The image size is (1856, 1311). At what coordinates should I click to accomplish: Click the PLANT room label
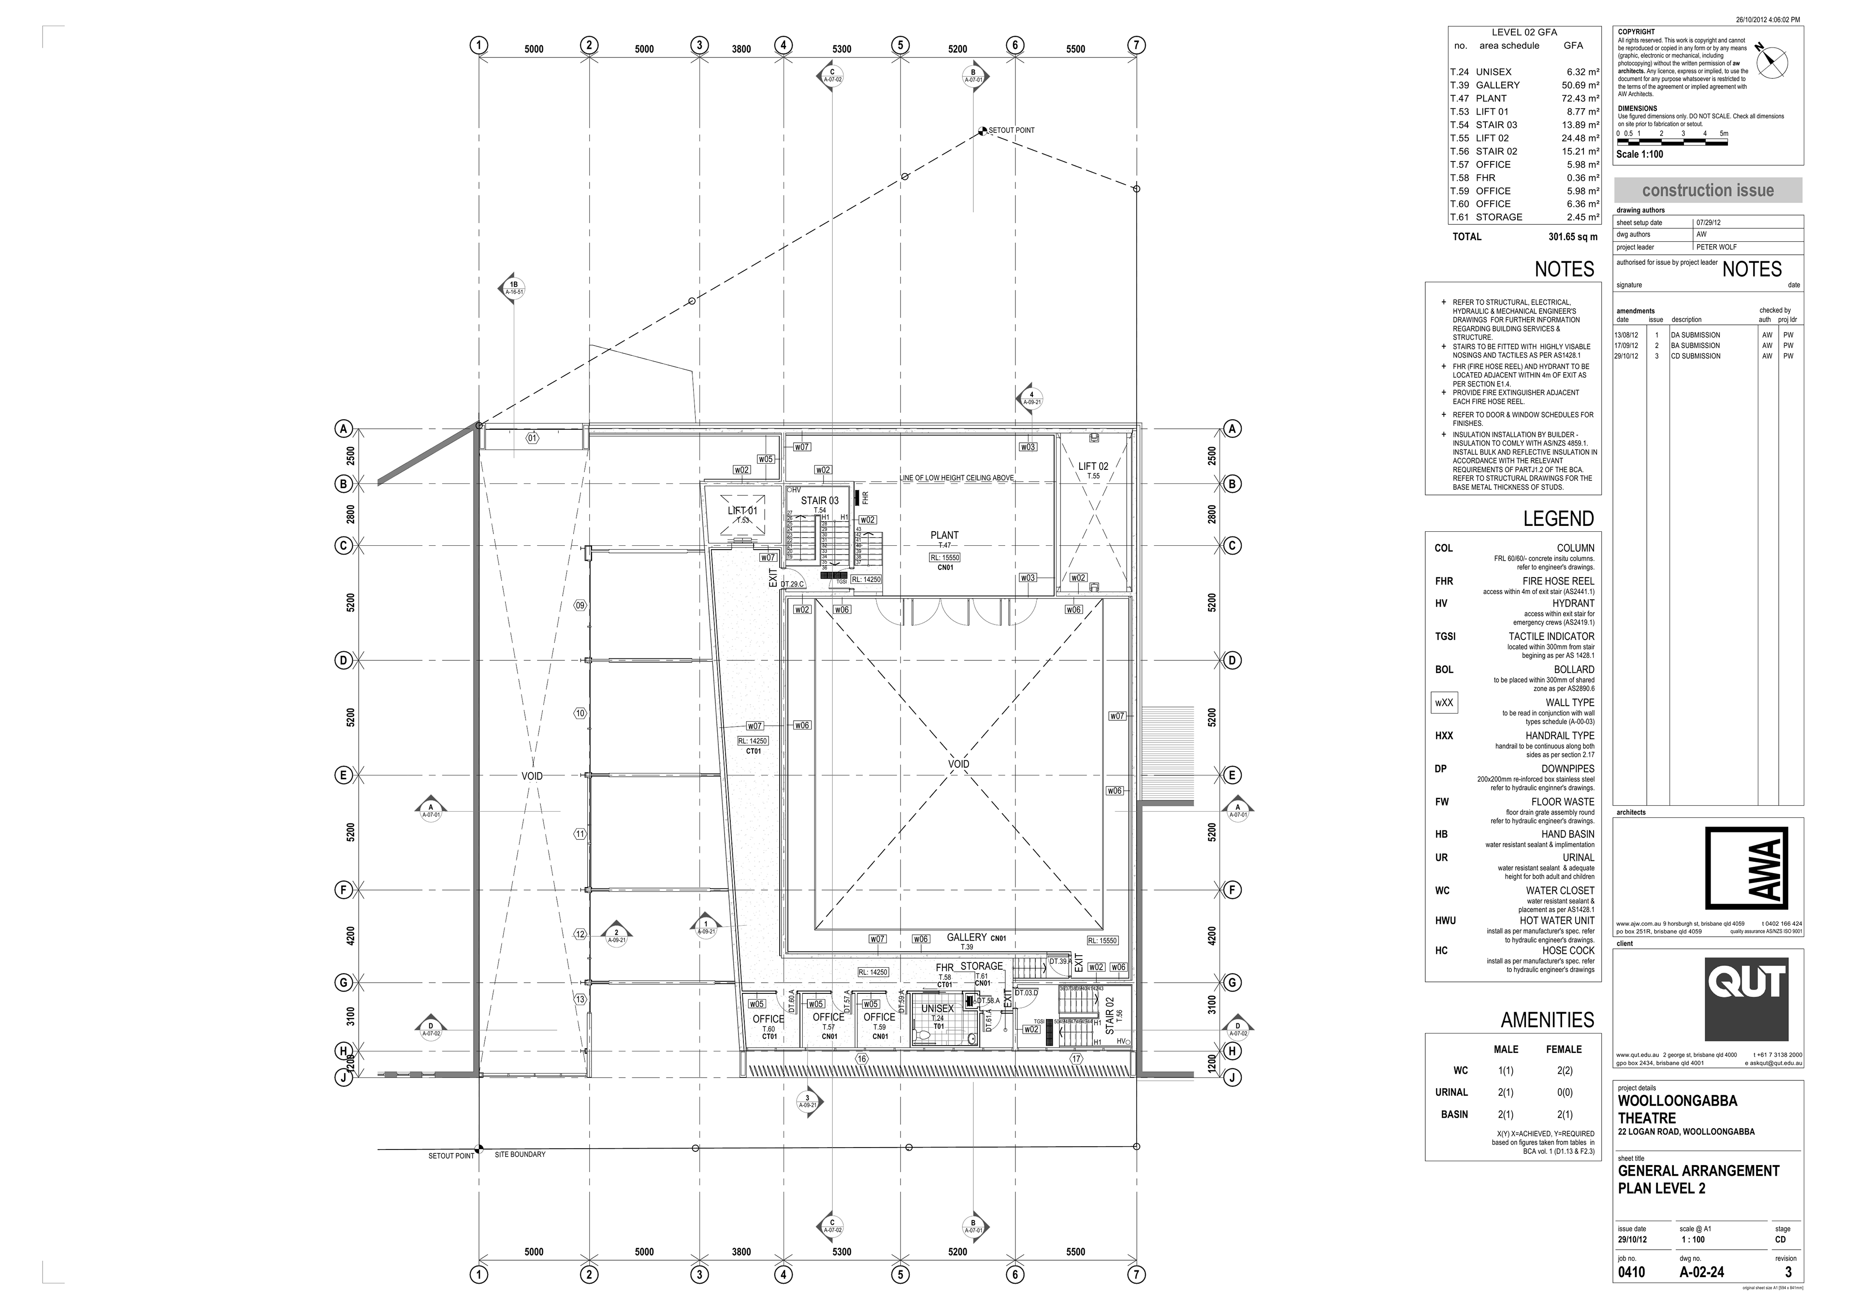pos(943,535)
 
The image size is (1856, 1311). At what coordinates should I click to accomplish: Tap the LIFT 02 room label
pos(1093,466)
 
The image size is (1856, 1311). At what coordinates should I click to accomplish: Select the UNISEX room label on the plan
pos(938,1009)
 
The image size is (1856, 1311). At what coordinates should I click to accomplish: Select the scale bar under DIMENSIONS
pos(1672,142)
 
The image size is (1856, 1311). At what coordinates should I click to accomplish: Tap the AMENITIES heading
pos(1547,1020)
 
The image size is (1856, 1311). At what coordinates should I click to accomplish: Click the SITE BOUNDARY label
pos(520,1154)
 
